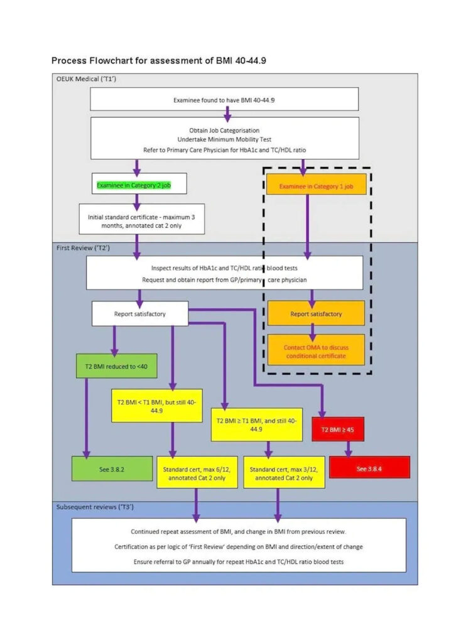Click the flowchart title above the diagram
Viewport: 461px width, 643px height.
pos(158,61)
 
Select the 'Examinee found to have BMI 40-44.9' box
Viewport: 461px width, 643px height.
pos(224,99)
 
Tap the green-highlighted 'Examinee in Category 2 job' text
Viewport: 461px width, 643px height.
pos(134,185)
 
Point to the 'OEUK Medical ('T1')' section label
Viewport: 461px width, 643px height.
pos(86,78)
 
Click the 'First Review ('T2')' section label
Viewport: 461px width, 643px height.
pos(84,247)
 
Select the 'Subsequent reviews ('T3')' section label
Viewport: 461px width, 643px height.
pos(95,507)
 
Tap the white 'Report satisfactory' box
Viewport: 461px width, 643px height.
pos(140,314)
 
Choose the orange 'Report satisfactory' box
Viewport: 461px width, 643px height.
pos(316,313)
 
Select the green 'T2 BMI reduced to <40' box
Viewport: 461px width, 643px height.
pos(116,366)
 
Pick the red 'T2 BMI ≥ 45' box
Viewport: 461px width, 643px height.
pos(337,430)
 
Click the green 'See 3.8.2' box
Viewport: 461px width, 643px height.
pos(112,468)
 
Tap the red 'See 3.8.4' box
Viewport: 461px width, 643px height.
pos(369,467)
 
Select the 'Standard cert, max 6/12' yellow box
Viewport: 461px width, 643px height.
pos(197,472)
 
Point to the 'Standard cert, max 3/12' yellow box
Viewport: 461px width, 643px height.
pos(284,472)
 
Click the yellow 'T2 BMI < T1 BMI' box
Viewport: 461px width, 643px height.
pos(156,406)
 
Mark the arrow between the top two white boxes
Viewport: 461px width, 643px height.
pos(227,114)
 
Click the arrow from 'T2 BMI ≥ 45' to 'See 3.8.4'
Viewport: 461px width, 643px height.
pos(348,449)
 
